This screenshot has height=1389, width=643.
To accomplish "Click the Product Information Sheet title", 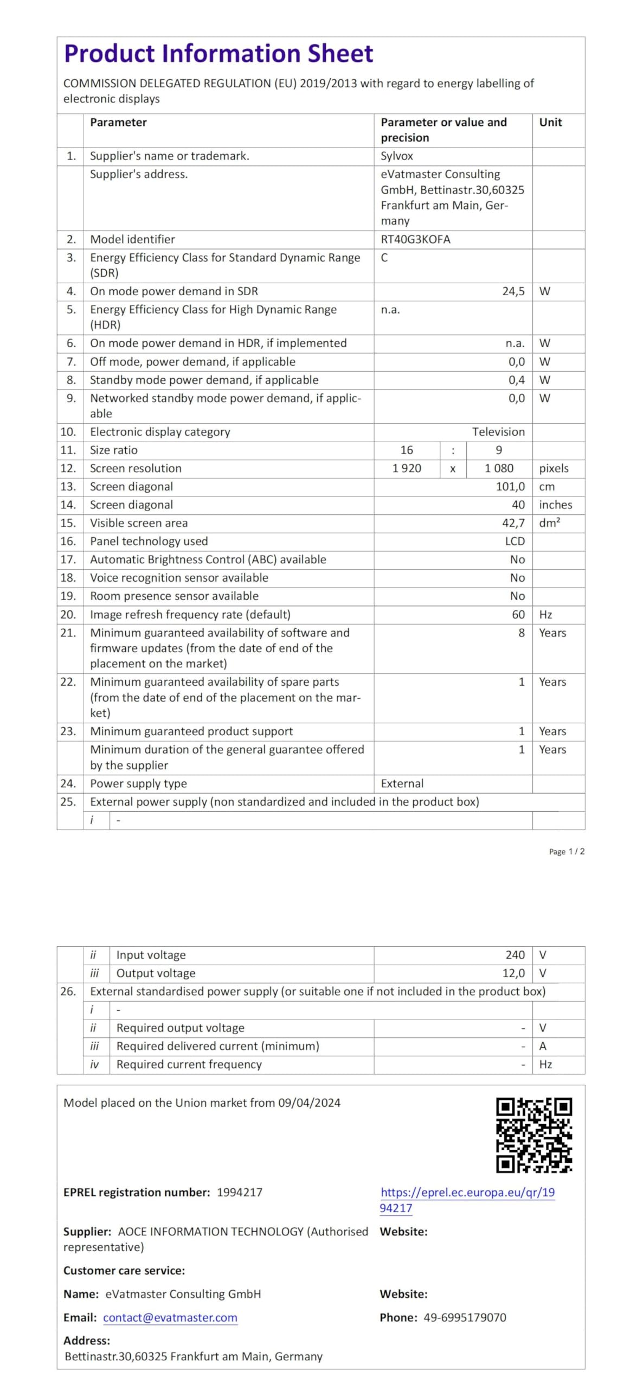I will (x=218, y=54).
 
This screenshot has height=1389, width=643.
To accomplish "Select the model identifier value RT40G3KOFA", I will (x=415, y=239).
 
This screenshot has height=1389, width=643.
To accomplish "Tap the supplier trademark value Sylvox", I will (x=396, y=156).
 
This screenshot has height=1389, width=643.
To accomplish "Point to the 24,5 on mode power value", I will (x=513, y=291).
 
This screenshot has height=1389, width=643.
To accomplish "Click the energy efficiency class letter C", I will (x=384, y=258).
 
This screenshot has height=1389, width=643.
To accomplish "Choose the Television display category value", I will (x=498, y=432).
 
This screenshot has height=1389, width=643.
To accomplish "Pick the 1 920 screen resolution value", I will (x=407, y=468).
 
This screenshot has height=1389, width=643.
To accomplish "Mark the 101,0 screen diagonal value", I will (x=510, y=487).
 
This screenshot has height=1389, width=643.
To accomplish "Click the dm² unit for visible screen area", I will (x=549, y=523).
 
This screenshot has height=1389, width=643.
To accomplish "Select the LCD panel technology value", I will (x=515, y=541).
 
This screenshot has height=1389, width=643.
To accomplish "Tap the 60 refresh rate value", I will (x=518, y=615).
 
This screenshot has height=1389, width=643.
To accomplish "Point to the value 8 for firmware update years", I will (x=522, y=633).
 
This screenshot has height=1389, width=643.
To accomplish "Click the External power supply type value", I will (x=402, y=783).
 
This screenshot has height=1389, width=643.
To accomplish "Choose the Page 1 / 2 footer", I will (x=567, y=852).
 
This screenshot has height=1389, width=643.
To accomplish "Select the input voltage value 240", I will (x=515, y=955).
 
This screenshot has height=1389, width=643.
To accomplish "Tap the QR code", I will (x=533, y=1135).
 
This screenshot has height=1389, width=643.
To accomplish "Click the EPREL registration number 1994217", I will (x=240, y=1193).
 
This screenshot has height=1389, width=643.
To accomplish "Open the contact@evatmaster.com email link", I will (x=170, y=1318).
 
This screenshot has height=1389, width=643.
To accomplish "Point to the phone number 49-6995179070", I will (x=465, y=1318).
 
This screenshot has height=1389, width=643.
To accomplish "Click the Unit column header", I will (x=550, y=123).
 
